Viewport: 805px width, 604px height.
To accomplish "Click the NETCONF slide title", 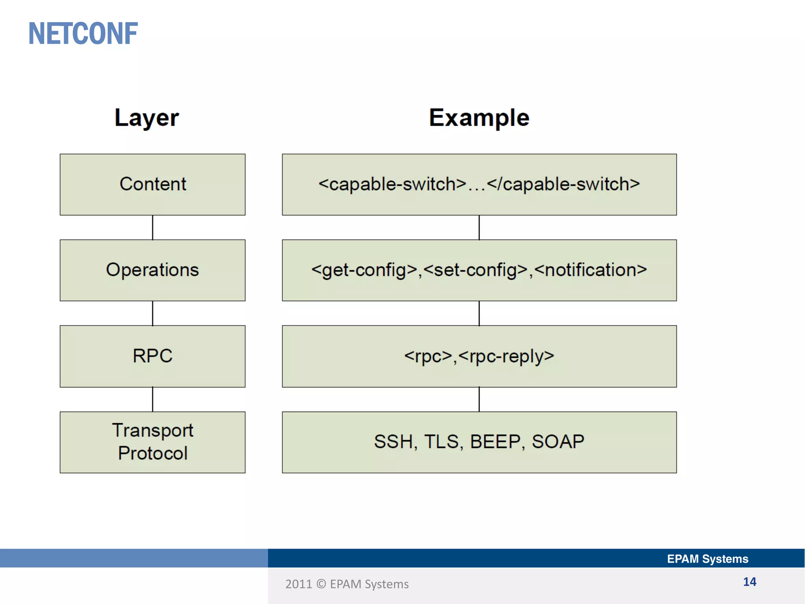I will (x=83, y=34).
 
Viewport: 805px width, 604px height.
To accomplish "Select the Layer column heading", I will (x=147, y=118).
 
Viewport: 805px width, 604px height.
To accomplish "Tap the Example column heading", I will (x=479, y=118).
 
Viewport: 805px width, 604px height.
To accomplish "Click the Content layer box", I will (x=153, y=184).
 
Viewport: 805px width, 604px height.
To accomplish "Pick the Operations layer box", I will (x=153, y=270).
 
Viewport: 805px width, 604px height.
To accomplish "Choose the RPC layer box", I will (x=153, y=356).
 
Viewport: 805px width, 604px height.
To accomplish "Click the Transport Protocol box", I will (x=153, y=442).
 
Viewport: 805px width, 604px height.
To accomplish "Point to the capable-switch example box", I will (x=479, y=184).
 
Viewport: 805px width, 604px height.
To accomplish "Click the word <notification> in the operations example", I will (x=590, y=270).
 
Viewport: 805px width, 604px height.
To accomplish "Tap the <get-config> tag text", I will (x=364, y=270).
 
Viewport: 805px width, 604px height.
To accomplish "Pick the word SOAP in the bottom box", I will (x=558, y=442).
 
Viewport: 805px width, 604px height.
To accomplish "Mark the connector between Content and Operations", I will (x=153, y=227).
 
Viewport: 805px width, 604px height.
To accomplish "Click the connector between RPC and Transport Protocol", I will (x=153, y=399).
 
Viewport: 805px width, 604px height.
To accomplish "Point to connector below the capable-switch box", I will (x=479, y=227).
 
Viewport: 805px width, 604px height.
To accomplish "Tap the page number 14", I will (x=750, y=582).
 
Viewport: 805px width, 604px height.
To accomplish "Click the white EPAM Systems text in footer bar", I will (x=708, y=559).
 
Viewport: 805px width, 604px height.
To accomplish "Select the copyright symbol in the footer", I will (x=321, y=584).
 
